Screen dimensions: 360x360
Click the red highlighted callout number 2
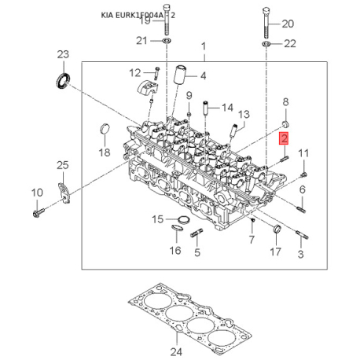coord(285,139)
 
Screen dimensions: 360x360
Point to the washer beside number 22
coord(268,44)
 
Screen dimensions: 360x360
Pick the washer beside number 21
coord(166,40)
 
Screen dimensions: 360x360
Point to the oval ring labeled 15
coord(179,219)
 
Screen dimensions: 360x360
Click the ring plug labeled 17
coord(276,229)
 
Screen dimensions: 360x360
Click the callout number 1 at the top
coord(202,47)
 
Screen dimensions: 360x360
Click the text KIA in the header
coord(112,15)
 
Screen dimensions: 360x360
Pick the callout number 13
coord(244,115)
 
